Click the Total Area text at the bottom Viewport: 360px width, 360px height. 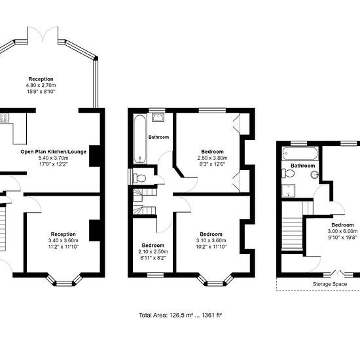(180, 315)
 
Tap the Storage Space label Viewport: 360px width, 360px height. (330, 284)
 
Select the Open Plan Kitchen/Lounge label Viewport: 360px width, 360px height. (54, 152)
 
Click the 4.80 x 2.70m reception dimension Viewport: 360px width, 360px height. (41, 85)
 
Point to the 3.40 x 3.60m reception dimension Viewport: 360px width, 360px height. (63, 240)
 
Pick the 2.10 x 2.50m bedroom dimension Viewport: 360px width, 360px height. (153, 251)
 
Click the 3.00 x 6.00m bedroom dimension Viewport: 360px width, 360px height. (342, 231)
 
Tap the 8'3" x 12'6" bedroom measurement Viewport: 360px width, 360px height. (212, 164)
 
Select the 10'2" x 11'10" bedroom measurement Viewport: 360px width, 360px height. (211, 247)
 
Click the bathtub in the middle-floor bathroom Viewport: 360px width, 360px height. (140, 139)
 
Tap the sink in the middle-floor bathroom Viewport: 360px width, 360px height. (158, 117)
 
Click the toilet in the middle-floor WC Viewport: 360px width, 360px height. (139, 178)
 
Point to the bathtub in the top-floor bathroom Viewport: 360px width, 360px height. (300, 153)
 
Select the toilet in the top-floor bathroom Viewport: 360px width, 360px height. (288, 173)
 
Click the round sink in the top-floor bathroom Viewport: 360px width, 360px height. (315, 175)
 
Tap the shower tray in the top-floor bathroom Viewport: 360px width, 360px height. (288, 190)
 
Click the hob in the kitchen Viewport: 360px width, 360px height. (4, 118)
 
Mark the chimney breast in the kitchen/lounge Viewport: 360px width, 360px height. (94, 156)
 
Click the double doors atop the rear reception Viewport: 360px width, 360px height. (43, 35)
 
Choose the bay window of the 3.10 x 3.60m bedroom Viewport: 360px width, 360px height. (215, 280)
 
